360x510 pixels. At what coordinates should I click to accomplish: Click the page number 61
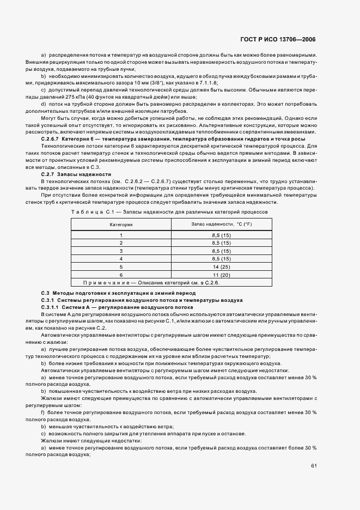tap(314, 466)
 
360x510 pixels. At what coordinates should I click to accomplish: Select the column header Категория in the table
tap(121, 224)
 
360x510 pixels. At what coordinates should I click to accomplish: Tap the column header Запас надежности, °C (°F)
tap(221, 224)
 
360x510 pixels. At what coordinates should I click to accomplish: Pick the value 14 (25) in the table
tap(221, 268)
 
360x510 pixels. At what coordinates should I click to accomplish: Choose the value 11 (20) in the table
tap(221, 276)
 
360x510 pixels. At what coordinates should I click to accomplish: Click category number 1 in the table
tap(121, 235)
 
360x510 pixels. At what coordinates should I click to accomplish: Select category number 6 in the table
tap(121, 276)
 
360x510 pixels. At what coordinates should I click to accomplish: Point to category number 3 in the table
tap(121, 251)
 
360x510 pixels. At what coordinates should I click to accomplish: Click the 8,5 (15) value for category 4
tap(221, 259)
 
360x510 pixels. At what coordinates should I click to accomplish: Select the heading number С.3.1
tap(50, 300)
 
